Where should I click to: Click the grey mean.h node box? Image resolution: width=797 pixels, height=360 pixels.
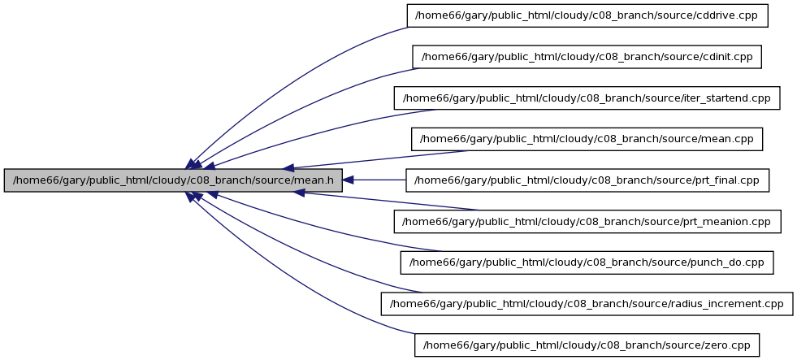coord(173,180)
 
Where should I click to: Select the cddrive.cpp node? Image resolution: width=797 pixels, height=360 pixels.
coord(587,15)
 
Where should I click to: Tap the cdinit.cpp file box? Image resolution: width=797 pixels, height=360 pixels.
coord(587,56)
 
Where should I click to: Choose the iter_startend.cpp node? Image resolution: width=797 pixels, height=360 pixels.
coord(587,98)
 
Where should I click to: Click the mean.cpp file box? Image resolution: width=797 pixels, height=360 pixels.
coord(587,139)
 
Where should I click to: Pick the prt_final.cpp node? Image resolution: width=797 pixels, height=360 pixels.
coord(587,180)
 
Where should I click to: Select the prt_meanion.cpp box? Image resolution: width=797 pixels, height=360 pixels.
coord(587,221)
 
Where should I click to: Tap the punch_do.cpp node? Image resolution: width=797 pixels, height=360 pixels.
coord(587,262)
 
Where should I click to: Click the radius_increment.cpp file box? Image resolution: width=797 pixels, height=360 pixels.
coord(587,304)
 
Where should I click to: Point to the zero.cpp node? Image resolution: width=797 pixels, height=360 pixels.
coord(587,345)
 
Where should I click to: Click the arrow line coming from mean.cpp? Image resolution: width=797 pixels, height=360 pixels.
coord(376,159)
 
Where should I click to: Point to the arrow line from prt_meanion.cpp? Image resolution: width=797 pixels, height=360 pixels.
coord(386,202)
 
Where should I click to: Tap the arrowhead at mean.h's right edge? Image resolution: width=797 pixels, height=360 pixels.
coord(349,180)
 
